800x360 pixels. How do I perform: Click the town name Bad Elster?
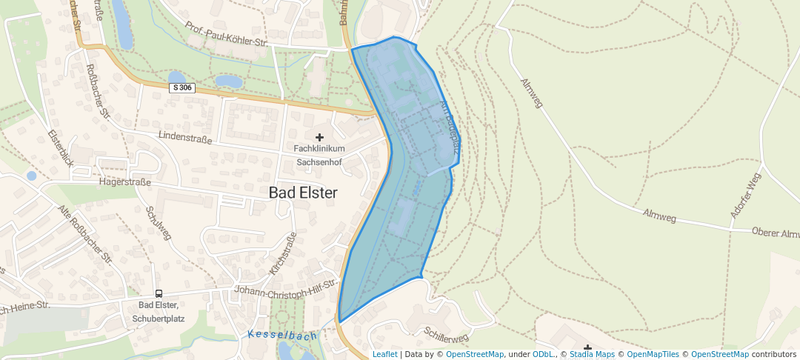302,193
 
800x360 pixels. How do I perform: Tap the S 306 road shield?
181,87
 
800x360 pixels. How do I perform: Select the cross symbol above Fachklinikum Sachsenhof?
320,137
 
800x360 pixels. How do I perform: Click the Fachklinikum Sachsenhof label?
320,156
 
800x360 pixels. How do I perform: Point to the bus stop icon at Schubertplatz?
159,293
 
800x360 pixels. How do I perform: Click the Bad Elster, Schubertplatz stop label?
159,312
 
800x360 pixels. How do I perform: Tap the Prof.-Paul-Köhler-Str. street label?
226,33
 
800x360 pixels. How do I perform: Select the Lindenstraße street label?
185,139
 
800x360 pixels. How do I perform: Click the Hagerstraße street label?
125,181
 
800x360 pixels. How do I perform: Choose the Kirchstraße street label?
283,253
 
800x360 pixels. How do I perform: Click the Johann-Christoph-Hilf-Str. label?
285,287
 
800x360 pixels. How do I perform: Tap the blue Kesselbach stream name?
282,336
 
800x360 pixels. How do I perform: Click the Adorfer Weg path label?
745,195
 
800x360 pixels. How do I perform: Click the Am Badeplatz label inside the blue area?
450,127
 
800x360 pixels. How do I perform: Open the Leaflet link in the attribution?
384,354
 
